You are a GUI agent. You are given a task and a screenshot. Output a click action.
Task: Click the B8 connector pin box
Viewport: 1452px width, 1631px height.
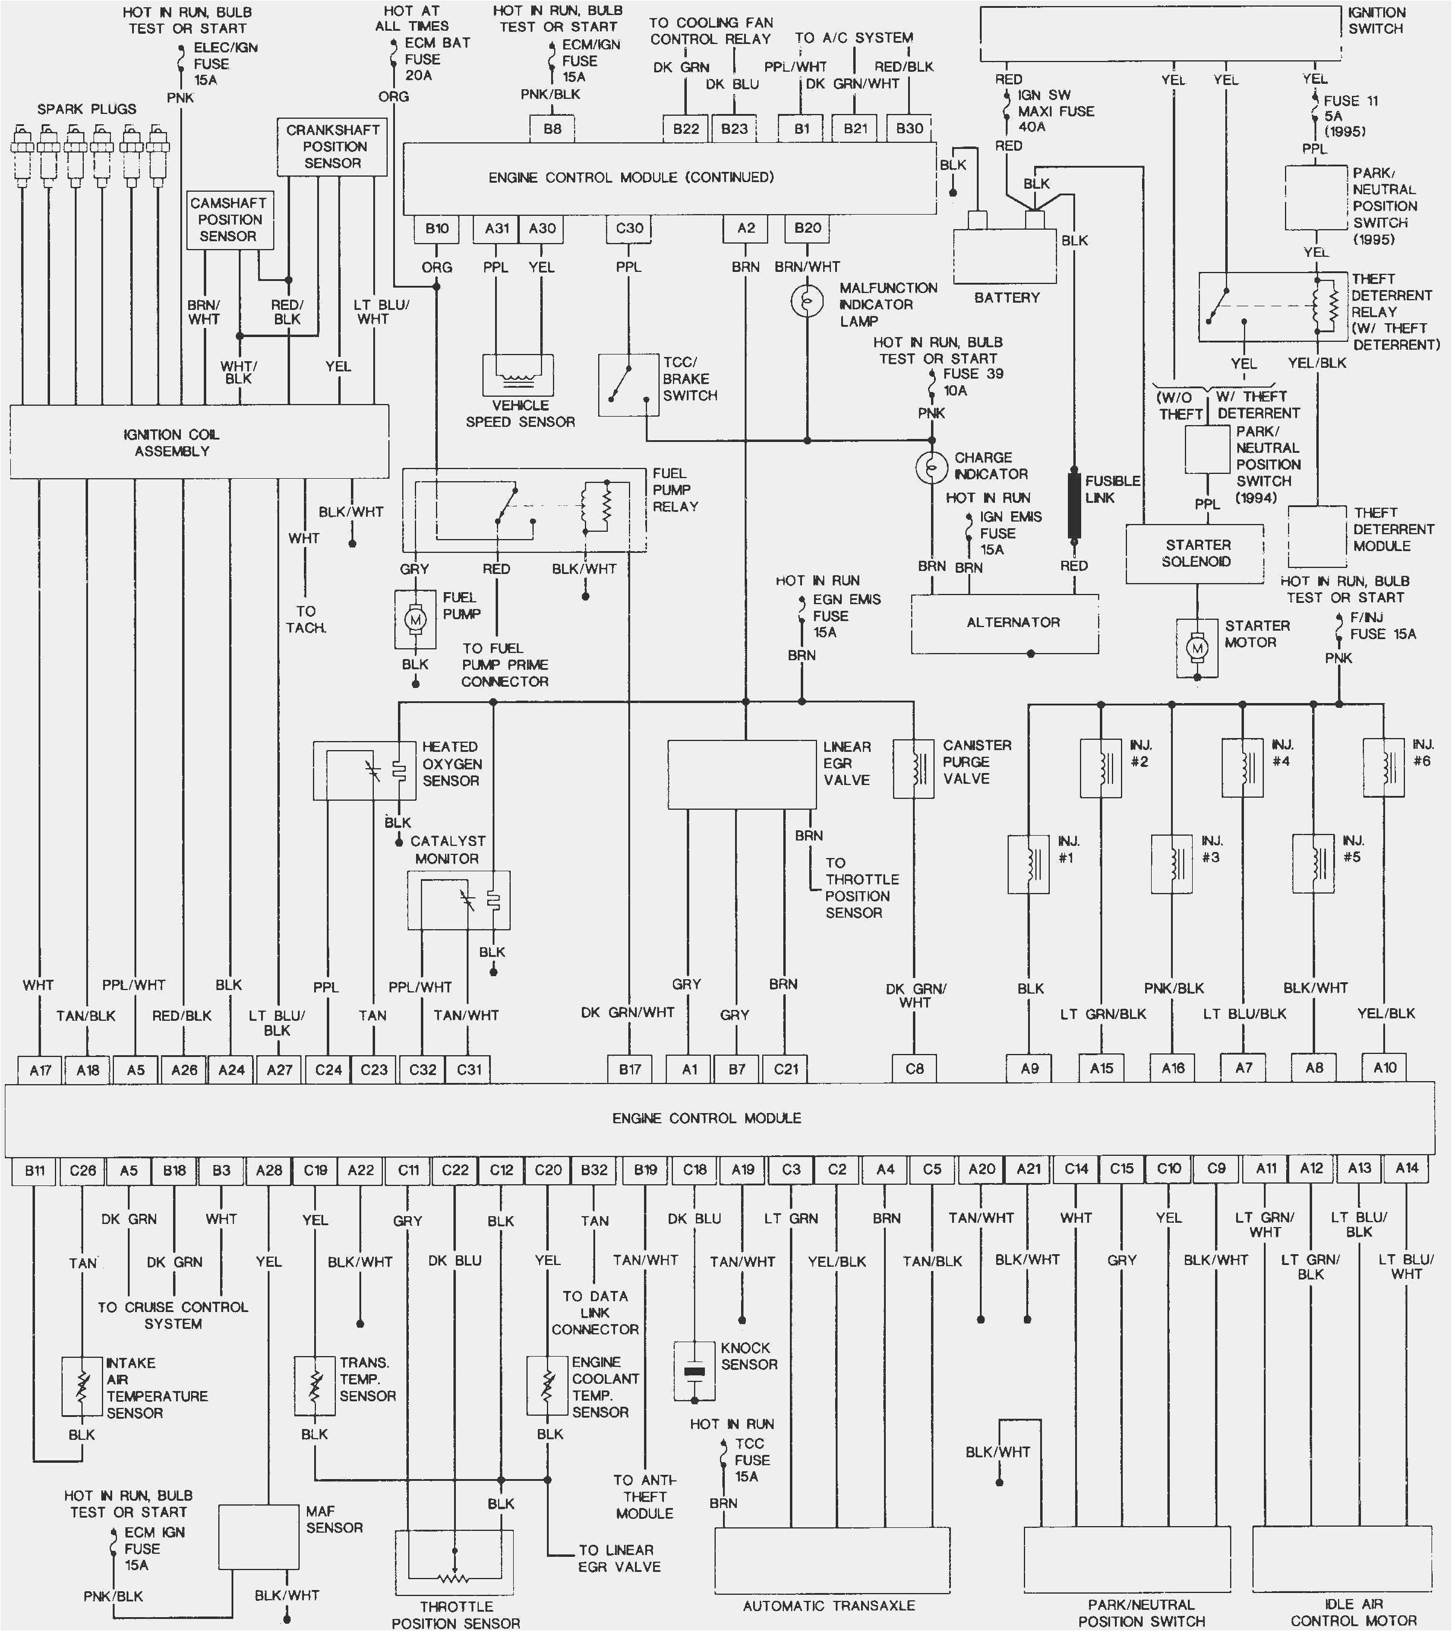pyautogui.click(x=552, y=128)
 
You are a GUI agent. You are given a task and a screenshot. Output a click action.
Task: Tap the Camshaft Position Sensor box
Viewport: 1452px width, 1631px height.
pyautogui.click(x=230, y=219)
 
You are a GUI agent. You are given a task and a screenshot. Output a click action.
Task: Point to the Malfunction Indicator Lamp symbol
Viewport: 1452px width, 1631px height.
pyautogui.click(x=807, y=301)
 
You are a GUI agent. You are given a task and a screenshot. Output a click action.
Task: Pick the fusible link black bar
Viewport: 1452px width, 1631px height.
pyautogui.click(x=1074, y=506)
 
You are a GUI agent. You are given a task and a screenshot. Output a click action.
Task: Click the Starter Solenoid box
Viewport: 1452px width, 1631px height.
pyautogui.click(x=1195, y=553)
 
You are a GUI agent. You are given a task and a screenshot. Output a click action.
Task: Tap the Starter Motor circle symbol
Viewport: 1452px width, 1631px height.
pyautogui.click(x=1197, y=649)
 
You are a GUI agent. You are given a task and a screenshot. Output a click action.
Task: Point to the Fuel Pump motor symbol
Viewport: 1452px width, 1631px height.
pyautogui.click(x=415, y=619)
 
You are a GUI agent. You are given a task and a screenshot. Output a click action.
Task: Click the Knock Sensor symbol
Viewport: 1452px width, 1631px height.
pyautogui.click(x=694, y=1372)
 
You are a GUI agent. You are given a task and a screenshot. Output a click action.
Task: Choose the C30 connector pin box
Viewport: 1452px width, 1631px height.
pyautogui.click(x=629, y=228)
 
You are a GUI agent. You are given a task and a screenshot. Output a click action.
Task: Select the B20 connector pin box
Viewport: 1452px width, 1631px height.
pyautogui.click(x=807, y=228)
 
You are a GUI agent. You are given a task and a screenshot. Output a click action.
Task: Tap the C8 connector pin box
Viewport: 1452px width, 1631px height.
pyautogui.click(x=914, y=1068)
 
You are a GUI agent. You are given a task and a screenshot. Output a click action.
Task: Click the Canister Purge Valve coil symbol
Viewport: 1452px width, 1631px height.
pyautogui.click(x=914, y=768)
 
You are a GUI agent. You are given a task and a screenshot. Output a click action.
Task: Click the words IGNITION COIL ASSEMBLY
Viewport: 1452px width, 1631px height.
pyautogui.click(x=171, y=443)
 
